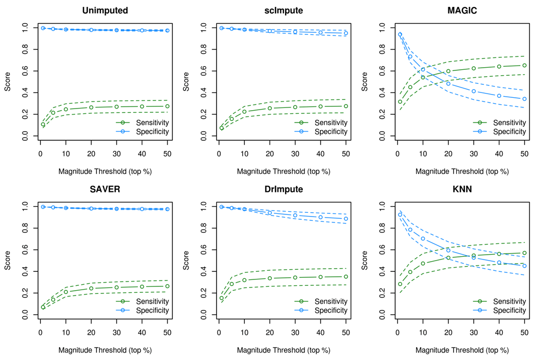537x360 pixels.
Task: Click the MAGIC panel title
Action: (461, 11)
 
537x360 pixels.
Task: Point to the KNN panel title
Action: (461, 191)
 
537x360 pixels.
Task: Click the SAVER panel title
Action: (103, 191)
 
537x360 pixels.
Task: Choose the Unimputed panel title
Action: (103, 11)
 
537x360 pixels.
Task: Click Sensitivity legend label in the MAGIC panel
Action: (509, 122)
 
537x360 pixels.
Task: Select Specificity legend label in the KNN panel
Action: (509, 311)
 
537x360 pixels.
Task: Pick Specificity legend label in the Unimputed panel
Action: (151, 131)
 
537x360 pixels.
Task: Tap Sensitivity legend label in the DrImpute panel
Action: (330, 301)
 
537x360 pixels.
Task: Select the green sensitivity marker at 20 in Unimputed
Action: (91, 107)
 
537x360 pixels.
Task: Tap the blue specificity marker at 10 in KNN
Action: (423, 239)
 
